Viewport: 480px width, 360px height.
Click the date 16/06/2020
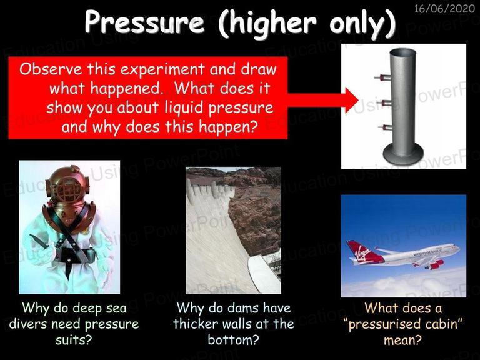(444, 8)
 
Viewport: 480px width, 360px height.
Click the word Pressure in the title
(144, 22)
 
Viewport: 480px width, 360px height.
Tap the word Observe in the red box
(51, 69)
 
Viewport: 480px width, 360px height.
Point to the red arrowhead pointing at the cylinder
(352, 100)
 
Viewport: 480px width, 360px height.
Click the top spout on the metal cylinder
(382, 77)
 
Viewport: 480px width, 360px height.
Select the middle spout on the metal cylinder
(382, 102)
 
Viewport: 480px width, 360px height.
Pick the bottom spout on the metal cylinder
(384, 127)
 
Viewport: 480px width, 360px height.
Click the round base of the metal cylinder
(403, 154)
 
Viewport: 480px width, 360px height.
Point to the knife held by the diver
(39, 241)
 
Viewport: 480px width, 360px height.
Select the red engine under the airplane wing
(436, 264)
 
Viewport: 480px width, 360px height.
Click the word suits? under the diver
(74, 340)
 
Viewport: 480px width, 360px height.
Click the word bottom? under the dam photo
(234, 340)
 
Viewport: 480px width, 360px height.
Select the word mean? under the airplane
(403, 340)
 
